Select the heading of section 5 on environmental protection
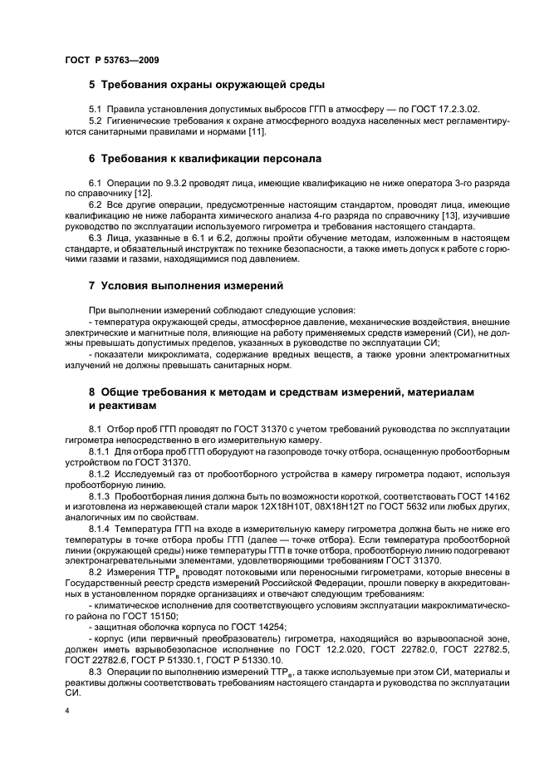click(206, 85)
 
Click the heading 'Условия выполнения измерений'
click(192, 285)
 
